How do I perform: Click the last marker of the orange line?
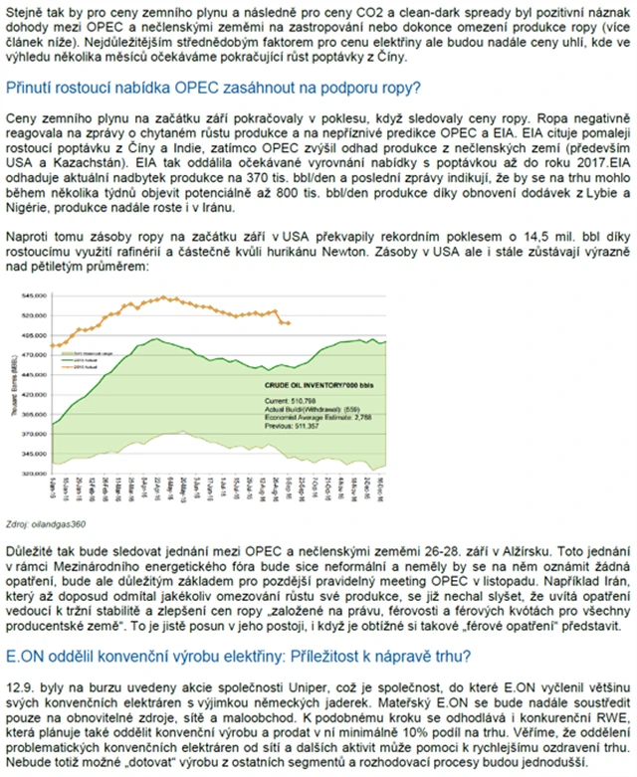point(289,323)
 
